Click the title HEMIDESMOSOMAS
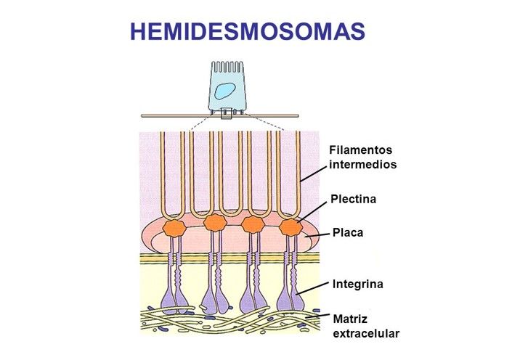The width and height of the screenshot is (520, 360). [x=247, y=30]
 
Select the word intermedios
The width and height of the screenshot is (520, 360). [x=363, y=165]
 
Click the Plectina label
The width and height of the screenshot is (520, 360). [x=353, y=198]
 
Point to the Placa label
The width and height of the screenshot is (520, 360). [x=347, y=234]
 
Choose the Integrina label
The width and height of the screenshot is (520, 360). [x=357, y=284]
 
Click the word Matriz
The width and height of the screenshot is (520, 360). [x=349, y=319]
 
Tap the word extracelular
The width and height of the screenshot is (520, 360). [x=366, y=333]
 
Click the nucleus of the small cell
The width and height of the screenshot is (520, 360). [x=227, y=90]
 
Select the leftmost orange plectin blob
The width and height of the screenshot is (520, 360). [x=174, y=227]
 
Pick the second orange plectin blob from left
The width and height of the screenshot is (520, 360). [x=214, y=224]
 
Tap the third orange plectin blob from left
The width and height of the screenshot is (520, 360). [x=252, y=225]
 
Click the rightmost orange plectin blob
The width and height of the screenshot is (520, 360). [x=291, y=226]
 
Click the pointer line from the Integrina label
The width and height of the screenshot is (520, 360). [x=312, y=287]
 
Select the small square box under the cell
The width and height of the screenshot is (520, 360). [x=227, y=113]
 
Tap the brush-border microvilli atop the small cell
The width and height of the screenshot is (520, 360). [x=227, y=67]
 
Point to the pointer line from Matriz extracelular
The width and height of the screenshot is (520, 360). [x=318, y=316]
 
